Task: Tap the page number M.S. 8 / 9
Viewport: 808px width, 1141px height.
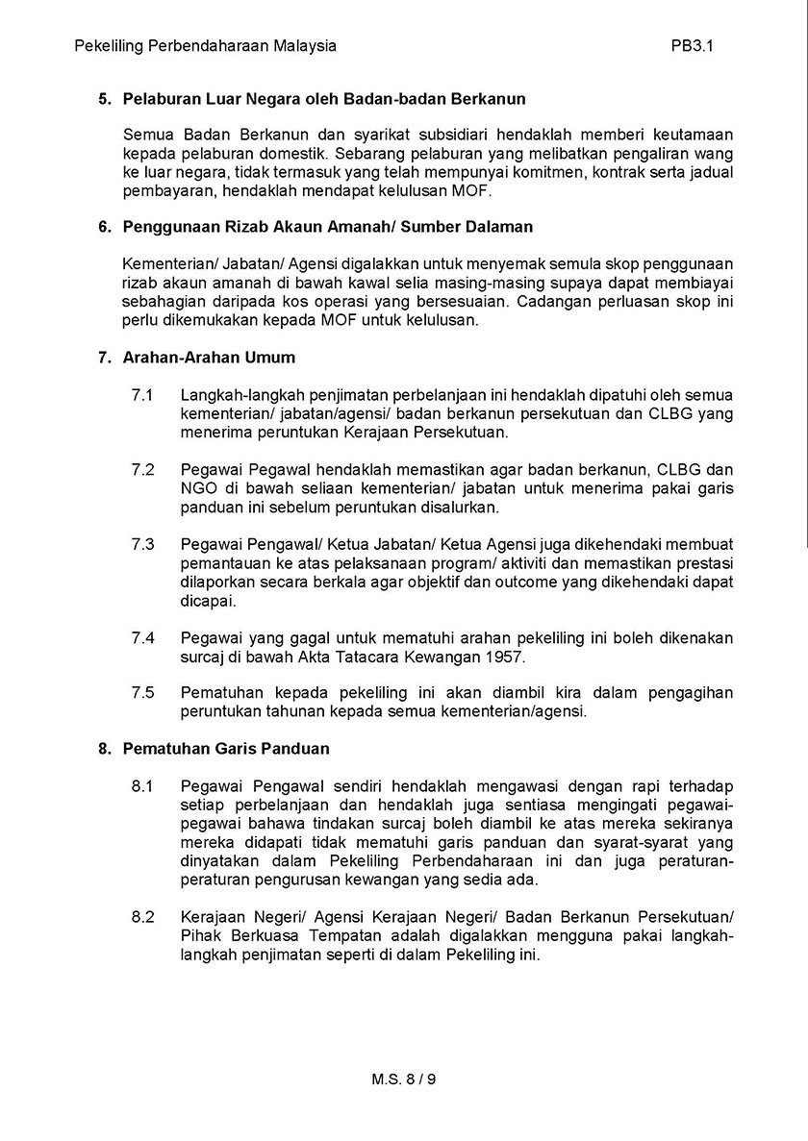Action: (x=404, y=1079)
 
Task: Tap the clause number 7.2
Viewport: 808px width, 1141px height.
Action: (x=142, y=470)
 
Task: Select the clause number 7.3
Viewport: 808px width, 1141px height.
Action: (x=142, y=544)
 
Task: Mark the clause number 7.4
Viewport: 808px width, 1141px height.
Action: (x=142, y=638)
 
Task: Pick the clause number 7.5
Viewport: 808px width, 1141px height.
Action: (x=142, y=692)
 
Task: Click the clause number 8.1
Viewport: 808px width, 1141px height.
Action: (x=142, y=786)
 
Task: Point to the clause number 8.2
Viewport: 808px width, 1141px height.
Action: (x=142, y=918)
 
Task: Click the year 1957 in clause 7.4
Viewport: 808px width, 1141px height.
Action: (x=507, y=657)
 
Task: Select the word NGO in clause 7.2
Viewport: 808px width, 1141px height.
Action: (x=196, y=488)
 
